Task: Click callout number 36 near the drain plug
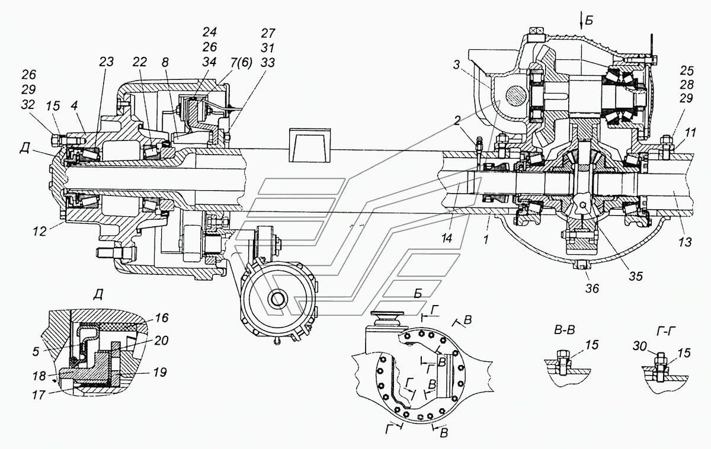coord(592,288)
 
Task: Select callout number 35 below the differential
coord(636,276)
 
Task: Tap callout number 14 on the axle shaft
coord(447,238)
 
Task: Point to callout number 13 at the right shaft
coord(685,242)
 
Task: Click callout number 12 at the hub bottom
coord(39,231)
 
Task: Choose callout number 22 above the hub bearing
coord(140,62)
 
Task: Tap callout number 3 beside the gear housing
coord(456,65)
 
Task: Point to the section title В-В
coord(564,331)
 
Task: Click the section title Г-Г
coord(665,331)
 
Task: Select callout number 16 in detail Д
coord(161,317)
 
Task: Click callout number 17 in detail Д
coord(39,395)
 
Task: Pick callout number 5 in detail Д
coord(36,351)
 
